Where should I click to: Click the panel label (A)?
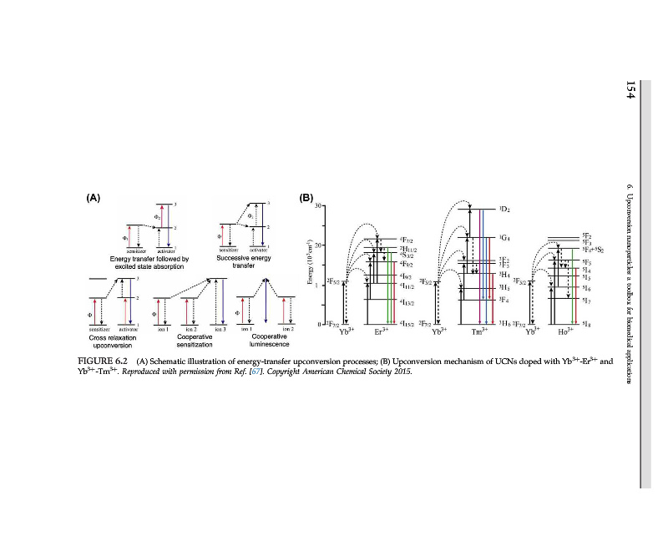coord(94,199)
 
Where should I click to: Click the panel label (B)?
coord(306,199)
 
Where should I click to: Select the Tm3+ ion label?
coord(478,332)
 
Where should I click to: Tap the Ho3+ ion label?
coord(564,332)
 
